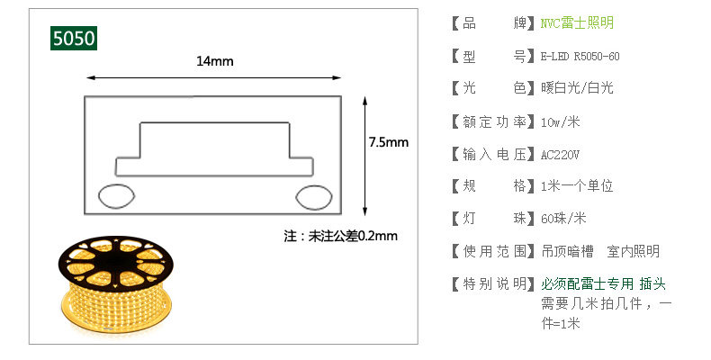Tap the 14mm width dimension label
[215, 61]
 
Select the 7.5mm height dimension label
[389, 141]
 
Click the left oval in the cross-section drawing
[115, 195]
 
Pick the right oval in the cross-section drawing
[314, 195]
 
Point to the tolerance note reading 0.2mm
[340, 237]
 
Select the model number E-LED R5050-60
[580, 56]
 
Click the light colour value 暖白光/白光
[577, 88]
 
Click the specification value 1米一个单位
[577, 186]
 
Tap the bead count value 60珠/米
[563, 219]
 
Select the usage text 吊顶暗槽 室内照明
[600, 251]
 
